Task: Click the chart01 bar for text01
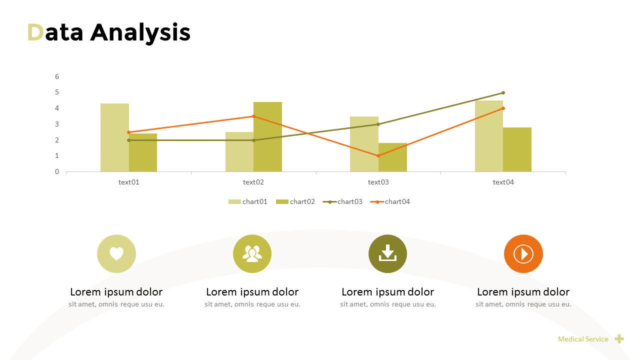point(114,137)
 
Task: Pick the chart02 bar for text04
point(517,149)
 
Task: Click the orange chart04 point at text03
point(378,156)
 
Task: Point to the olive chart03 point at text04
point(503,92)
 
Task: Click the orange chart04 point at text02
point(253,116)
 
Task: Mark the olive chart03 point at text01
point(128,140)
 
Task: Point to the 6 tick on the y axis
point(57,76)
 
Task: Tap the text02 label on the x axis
point(253,182)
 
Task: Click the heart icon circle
point(116,254)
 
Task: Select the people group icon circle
point(252,254)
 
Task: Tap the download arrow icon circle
point(387,254)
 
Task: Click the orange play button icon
point(523,254)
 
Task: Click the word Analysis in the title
point(140,32)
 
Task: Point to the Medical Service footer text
point(583,339)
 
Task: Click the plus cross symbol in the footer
point(619,339)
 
